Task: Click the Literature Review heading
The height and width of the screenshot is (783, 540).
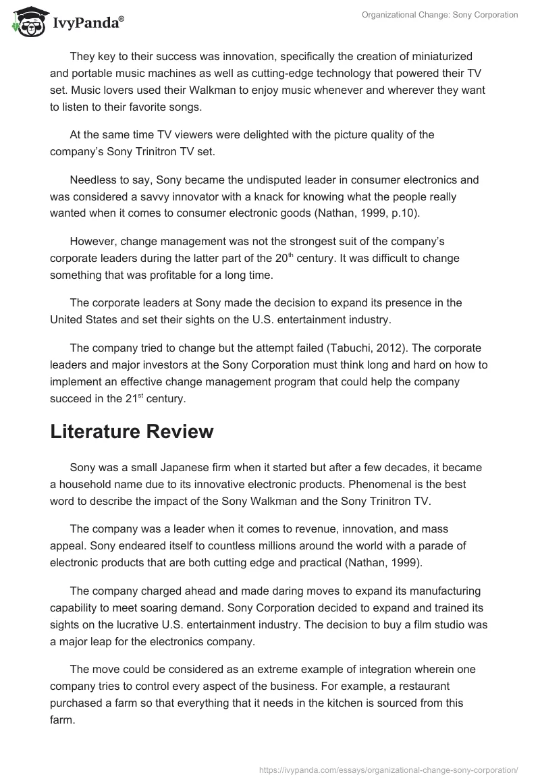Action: tap(132, 432)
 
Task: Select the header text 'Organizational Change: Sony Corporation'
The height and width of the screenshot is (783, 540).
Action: tap(439, 15)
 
